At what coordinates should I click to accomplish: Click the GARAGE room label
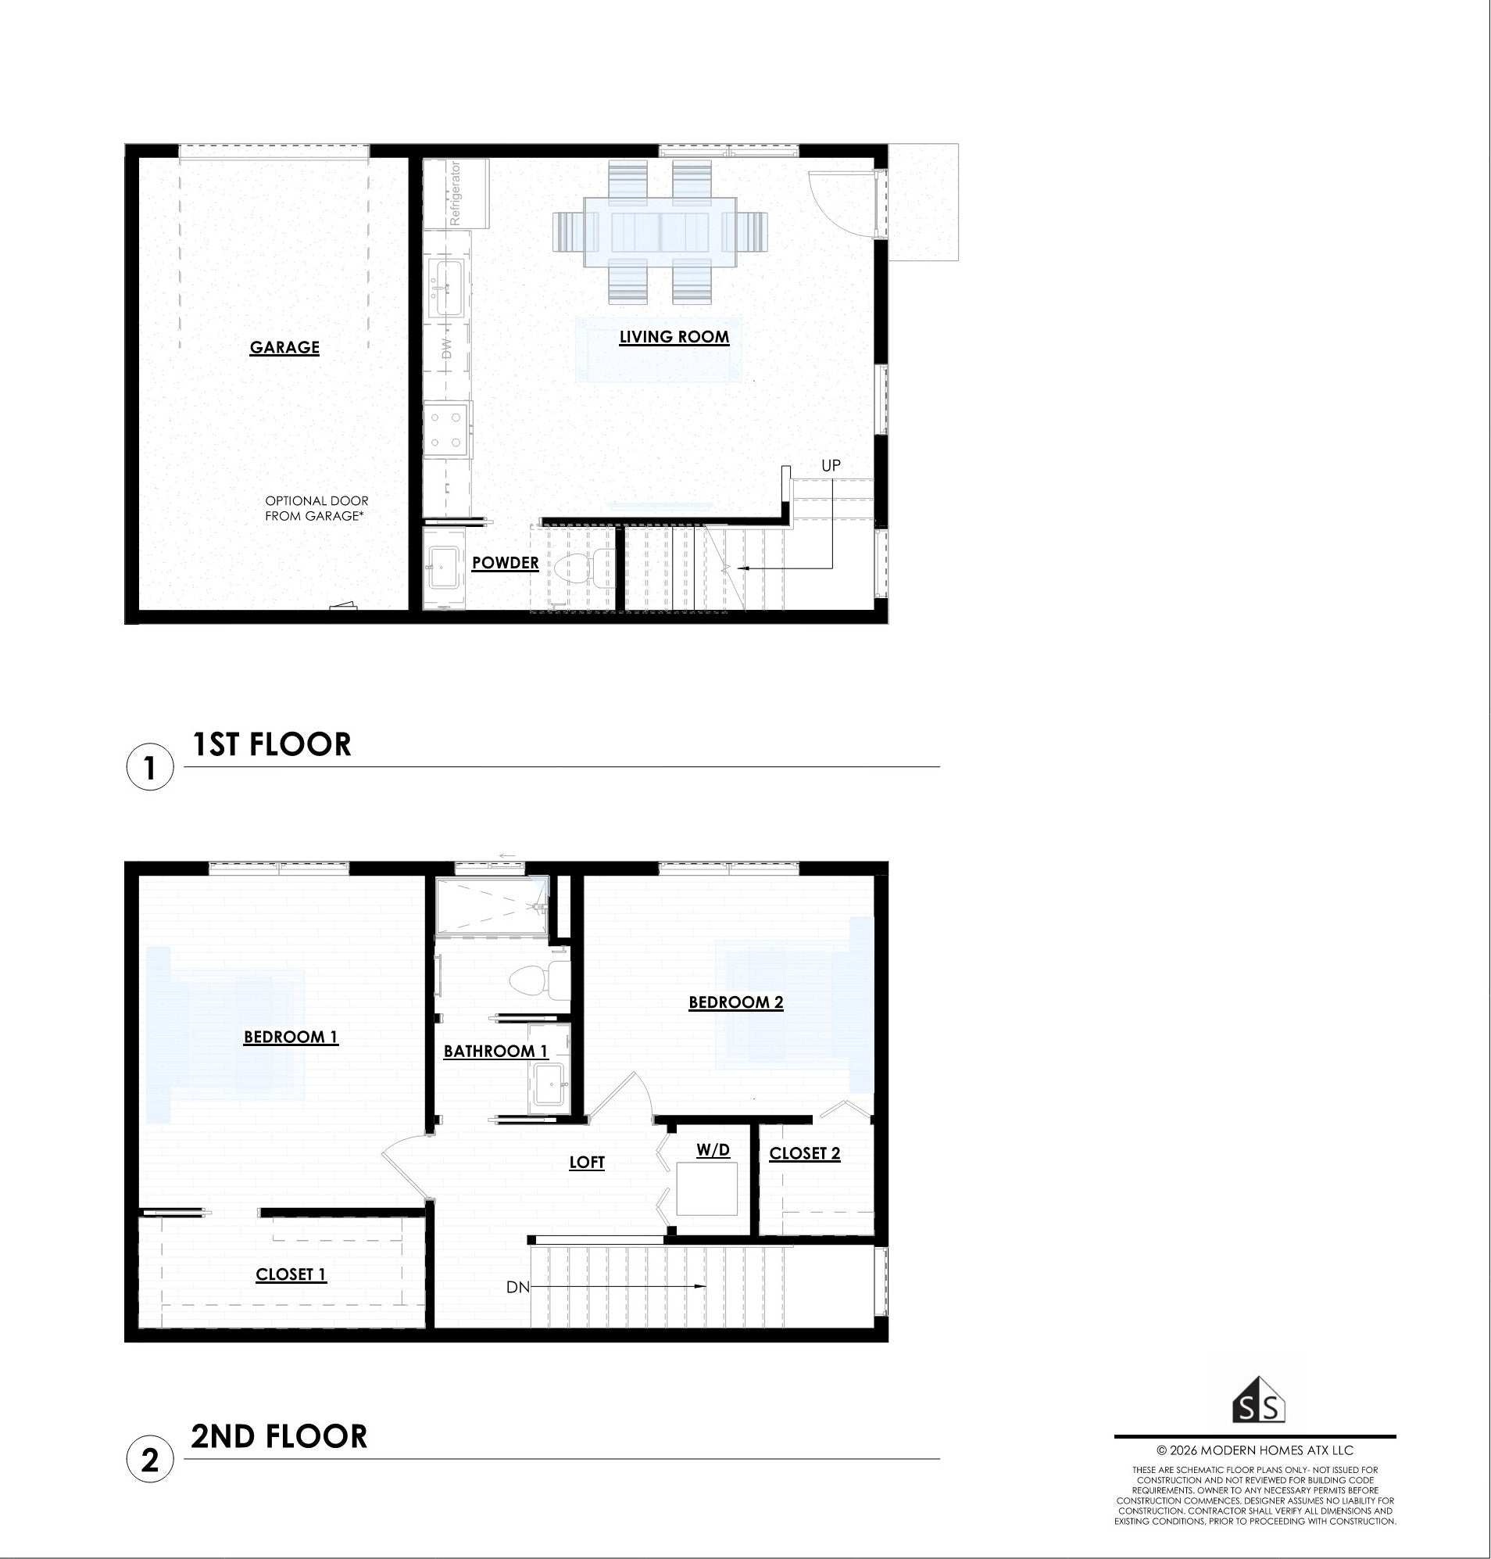(284, 347)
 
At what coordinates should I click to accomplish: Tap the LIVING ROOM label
(674, 337)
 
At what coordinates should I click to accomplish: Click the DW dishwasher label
(446, 347)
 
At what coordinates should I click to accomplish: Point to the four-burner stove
(448, 430)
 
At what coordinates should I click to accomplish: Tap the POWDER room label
(506, 563)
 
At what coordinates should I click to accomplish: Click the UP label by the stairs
(831, 466)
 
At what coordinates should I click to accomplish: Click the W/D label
(713, 1150)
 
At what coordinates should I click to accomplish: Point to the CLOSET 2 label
(804, 1153)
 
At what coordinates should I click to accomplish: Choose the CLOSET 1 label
(291, 1274)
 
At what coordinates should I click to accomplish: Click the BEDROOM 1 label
(291, 1037)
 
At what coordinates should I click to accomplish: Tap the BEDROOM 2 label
(736, 1002)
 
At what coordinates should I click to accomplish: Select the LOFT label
(587, 1163)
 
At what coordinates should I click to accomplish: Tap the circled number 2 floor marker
(150, 1460)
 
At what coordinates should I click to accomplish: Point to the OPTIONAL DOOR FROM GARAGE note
(316, 509)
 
